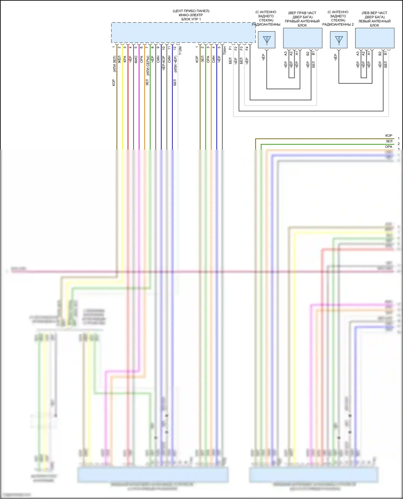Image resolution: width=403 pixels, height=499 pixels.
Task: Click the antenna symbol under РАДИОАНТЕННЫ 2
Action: (x=339, y=40)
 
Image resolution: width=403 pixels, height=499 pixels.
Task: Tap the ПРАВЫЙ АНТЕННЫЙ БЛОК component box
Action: (x=303, y=38)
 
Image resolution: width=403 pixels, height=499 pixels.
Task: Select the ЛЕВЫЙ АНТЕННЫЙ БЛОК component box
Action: (x=375, y=38)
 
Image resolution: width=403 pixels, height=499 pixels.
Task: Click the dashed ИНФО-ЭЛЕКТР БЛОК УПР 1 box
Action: (x=183, y=32)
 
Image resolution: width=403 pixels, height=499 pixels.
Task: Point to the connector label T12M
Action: (x=180, y=51)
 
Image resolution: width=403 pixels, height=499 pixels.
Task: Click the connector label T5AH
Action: (x=225, y=51)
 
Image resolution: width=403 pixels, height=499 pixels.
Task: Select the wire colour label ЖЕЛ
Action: (x=119, y=59)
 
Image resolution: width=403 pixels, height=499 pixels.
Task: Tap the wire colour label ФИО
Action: (x=136, y=59)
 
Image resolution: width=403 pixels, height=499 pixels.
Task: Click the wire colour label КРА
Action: (x=125, y=59)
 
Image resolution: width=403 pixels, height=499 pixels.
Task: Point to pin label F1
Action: (x=230, y=48)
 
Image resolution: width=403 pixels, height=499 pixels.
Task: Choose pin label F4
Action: (x=247, y=48)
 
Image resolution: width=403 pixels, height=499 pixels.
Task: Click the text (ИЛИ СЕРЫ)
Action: (x=147, y=65)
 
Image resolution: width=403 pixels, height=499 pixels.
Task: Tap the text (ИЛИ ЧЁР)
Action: (x=175, y=64)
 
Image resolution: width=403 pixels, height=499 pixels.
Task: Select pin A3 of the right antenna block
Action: (x=286, y=53)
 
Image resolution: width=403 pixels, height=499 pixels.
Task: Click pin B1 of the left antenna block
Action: (x=385, y=53)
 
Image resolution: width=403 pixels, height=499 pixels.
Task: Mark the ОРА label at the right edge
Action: (x=388, y=147)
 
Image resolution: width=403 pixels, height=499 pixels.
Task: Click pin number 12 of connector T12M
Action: (x=175, y=48)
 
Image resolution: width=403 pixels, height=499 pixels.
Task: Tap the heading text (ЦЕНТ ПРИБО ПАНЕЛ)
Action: (x=191, y=11)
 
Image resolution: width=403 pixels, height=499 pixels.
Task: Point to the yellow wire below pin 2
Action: (x=122, y=107)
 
